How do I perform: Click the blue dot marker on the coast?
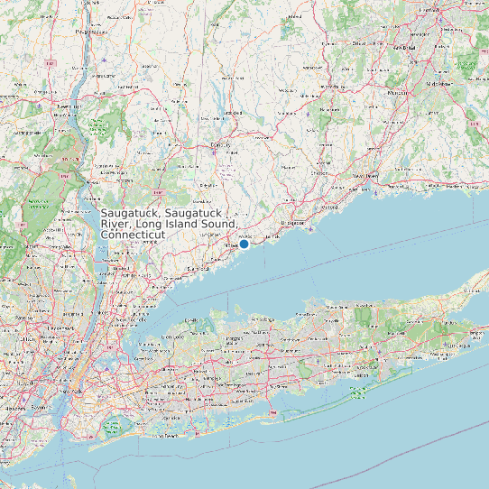[244, 244]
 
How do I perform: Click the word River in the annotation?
[118, 223]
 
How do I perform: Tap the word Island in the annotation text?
[189, 223]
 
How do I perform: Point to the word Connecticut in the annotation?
[133, 235]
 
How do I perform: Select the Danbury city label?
[221, 144]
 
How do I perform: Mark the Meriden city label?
[398, 92]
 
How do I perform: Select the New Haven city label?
[364, 175]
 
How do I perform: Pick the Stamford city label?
[198, 269]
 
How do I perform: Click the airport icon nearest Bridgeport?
[310, 227]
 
